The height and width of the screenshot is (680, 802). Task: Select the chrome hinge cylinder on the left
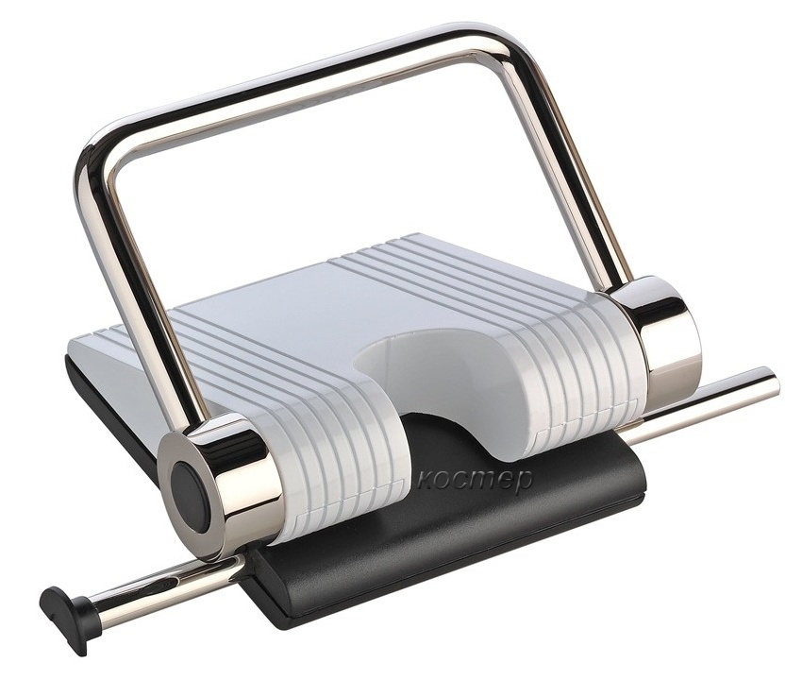pos(220,484)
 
